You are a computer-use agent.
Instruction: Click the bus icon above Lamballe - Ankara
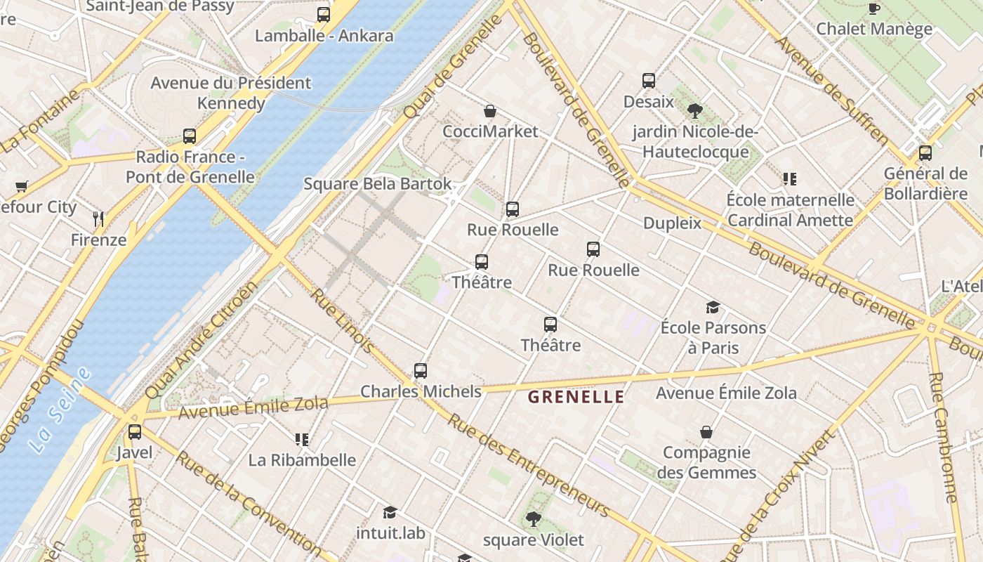coord(323,14)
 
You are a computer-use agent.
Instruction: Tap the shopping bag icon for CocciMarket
coord(490,111)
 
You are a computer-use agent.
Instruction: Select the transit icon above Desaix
coord(648,81)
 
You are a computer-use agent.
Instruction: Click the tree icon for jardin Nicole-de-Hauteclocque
coord(695,110)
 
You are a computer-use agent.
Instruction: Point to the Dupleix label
coord(672,223)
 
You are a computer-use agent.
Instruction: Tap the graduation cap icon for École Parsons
coord(713,307)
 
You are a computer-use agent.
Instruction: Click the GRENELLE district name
coord(576,397)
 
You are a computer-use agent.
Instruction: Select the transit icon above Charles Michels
coord(421,370)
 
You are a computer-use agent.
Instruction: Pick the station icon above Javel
coord(134,431)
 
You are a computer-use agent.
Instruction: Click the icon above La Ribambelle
coord(302,440)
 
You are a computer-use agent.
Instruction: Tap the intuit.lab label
coord(390,533)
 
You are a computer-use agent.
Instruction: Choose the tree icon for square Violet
coord(533,519)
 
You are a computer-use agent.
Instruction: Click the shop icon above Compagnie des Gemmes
coord(706,432)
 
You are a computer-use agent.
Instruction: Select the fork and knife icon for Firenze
coord(98,218)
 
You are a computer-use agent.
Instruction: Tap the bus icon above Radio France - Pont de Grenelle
coord(190,136)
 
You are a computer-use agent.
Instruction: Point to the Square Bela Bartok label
coord(378,184)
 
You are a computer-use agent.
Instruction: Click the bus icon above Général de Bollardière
coord(925,152)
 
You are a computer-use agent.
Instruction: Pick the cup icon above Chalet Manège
coord(873,8)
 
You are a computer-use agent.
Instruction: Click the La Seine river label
coord(62,410)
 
